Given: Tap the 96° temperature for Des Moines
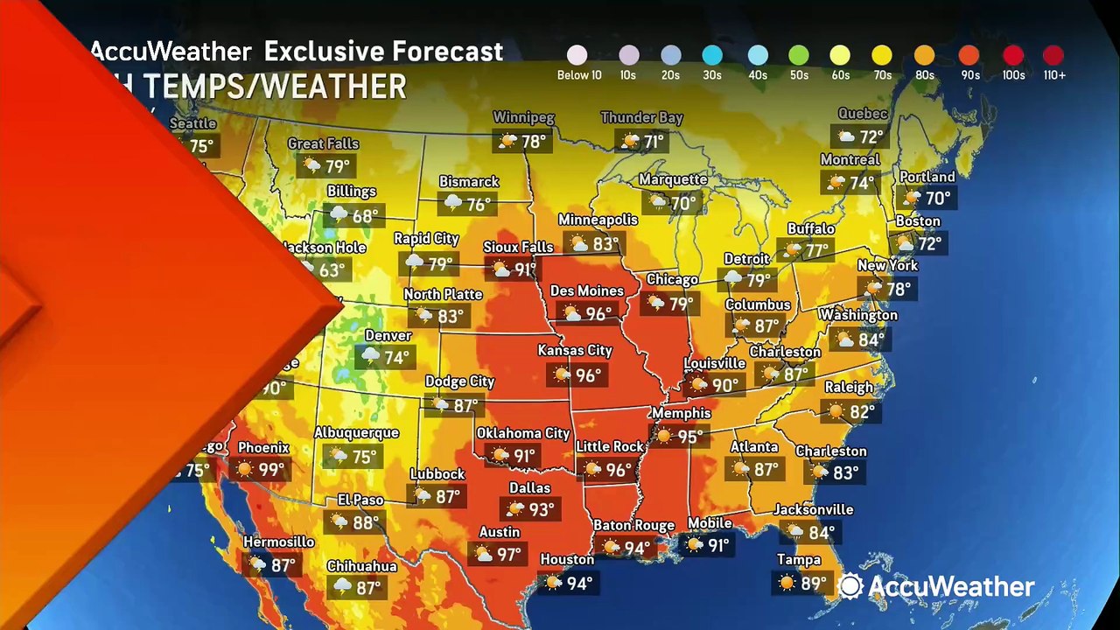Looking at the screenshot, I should [x=598, y=314].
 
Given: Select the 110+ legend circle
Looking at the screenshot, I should [x=1053, y=56].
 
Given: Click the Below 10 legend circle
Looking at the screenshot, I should [x=577, y=56].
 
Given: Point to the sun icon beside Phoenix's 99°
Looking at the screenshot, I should [x=244, y=471].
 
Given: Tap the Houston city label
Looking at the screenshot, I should [x=567, y=560].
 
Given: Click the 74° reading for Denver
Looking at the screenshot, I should [x=396, y=358].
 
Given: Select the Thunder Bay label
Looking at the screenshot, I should [x=641, y=117].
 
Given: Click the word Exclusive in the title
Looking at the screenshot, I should [x=324, y=52].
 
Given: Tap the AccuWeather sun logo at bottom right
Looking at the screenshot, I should [x=850, y=586].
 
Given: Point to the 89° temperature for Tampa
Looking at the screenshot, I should [x=813, y=583].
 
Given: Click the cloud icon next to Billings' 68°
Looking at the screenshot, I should [x=338, y=215].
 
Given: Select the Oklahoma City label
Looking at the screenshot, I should [x=522, y=433].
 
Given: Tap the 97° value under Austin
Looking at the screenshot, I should [x=508, y=555].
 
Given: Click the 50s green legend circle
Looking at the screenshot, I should [x=798, y=56].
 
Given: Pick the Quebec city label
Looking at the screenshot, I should [x=863, y=114].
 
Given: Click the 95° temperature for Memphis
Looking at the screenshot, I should [x=690, y=436].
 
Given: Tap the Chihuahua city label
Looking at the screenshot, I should [x=361, y=566].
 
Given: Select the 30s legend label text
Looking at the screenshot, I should [x=711, y=75].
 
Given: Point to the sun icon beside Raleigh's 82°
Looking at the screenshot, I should [x=835, y=411].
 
